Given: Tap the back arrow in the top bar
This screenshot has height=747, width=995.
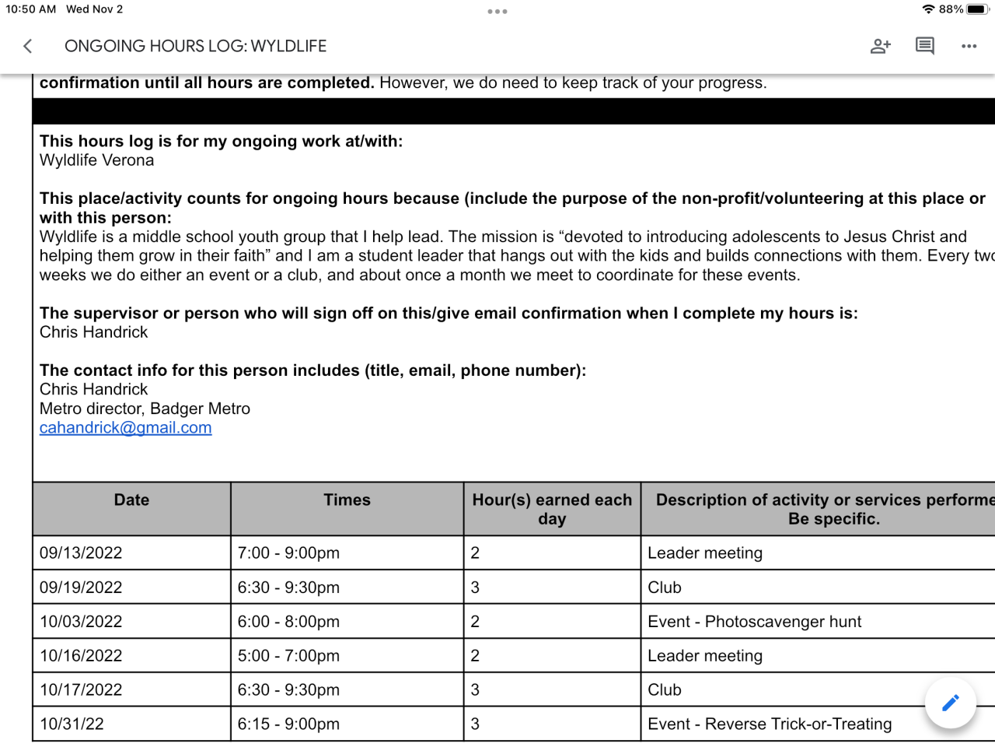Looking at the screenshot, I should (28, 46).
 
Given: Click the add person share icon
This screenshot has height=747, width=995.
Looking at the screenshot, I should (880, 46).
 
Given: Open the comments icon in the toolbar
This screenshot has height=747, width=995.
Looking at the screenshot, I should (924, 46).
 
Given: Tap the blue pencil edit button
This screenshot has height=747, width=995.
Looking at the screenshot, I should (950, 703).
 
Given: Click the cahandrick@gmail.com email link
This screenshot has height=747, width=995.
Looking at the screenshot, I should (126, 428).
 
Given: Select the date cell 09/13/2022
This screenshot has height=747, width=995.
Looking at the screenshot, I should (81, 553).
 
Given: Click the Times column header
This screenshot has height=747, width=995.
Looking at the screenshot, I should (347, 500).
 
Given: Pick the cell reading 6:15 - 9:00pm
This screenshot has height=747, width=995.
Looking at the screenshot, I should (288, 724).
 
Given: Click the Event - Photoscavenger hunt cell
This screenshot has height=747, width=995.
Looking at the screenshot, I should (754, 622).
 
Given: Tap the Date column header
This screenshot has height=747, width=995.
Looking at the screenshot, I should (131, 500).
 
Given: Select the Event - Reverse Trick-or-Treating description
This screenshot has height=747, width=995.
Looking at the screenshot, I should (770, 724).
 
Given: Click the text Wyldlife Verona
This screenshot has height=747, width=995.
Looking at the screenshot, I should (97, 160).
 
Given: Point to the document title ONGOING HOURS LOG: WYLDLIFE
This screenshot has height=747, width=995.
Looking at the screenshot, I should (195, 46).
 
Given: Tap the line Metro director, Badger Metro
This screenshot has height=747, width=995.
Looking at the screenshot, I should (145, 409).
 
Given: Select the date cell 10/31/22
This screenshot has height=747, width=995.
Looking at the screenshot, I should (72, 724).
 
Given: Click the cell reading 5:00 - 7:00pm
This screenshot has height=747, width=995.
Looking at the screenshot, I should (288, 656).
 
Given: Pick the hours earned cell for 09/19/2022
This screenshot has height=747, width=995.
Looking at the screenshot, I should (475, 587).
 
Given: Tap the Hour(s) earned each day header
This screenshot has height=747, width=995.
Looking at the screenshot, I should (552, 509).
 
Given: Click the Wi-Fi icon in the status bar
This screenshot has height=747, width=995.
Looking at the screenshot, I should (928, 9).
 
